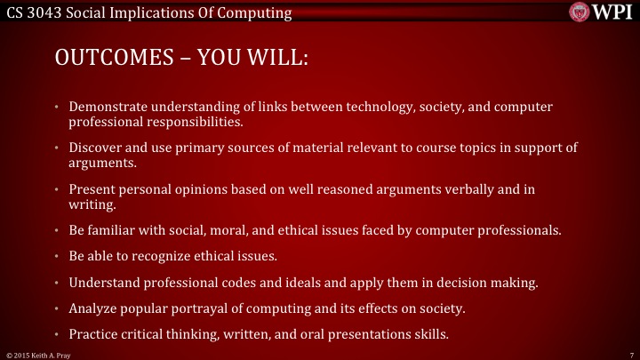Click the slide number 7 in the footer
click(628, 354)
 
